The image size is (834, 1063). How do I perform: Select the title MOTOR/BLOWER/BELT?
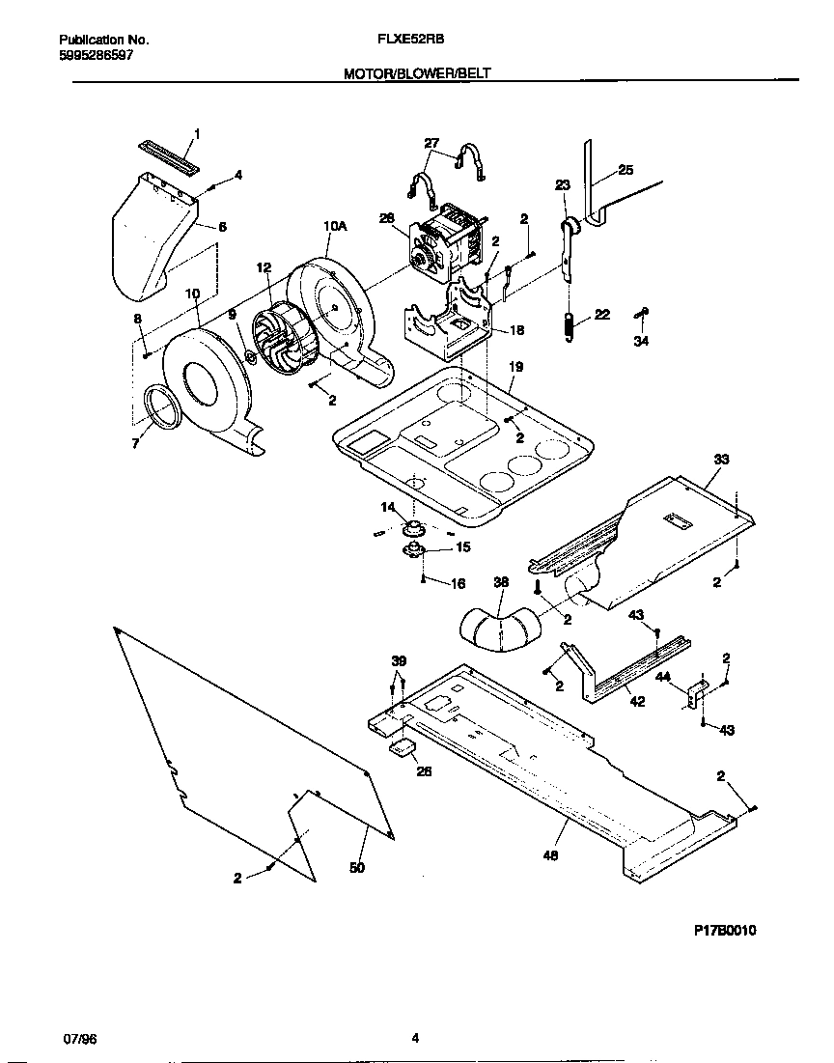coord(416,73)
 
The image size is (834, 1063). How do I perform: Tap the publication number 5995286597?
coord(97,55)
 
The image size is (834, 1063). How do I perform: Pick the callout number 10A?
coord(334,226)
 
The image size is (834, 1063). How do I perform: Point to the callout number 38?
coord(500,583)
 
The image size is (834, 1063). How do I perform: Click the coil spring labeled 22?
coord(570,324)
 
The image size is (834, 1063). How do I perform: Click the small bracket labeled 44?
coord(697,691)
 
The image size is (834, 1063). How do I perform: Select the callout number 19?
coord(515,367)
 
